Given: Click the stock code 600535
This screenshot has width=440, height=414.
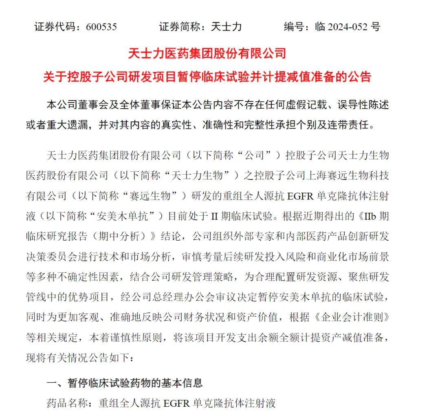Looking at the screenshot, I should click(101, 27).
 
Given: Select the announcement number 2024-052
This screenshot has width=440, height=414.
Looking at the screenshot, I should click(348, 27).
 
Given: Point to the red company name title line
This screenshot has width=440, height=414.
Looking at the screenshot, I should click(207, 53).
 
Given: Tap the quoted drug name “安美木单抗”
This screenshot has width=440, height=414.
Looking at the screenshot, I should click(126, 216).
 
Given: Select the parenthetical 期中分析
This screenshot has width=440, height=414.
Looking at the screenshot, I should click(131, 237).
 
